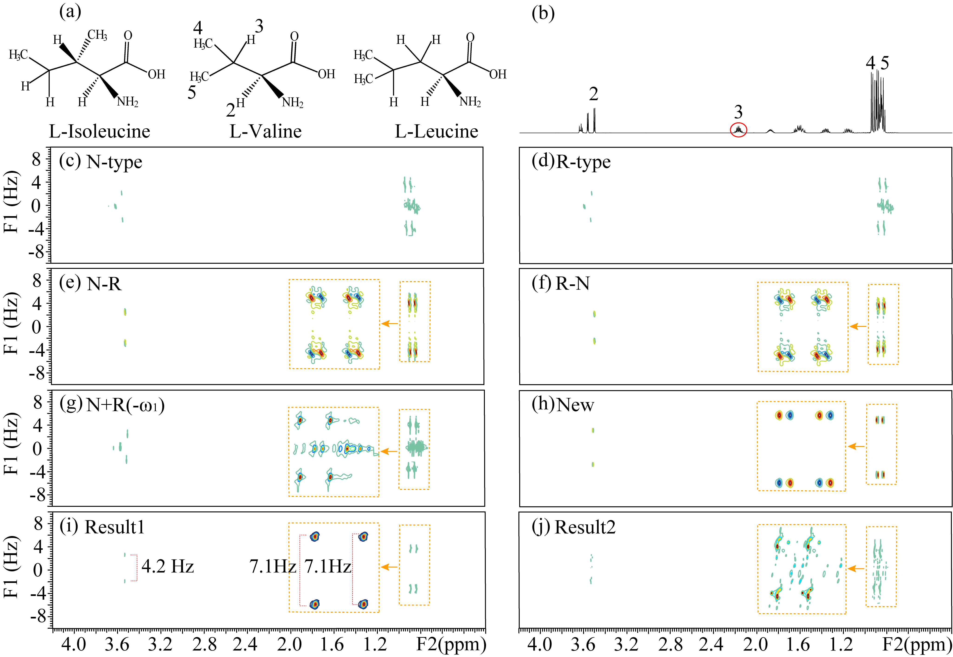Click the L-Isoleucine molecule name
coord(100,131)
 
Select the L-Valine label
coord(265,131)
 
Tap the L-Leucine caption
coord(436,131)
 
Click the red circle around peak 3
coord(738,130)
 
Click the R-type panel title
coord(583,162)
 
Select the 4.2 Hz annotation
coord(168,566)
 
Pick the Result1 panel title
coord(114,527)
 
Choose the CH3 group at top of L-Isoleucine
coord(98,35)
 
